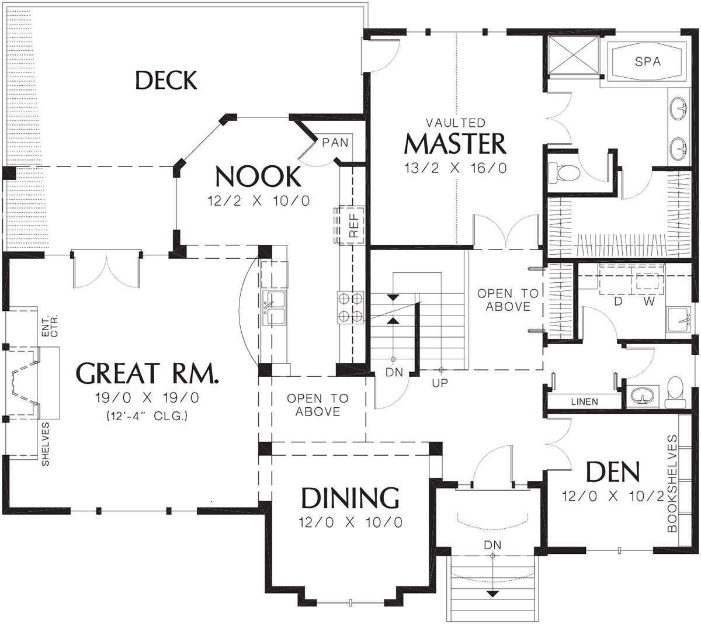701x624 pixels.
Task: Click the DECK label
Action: [166, 80]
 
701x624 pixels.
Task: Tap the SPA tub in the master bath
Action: [647, 61]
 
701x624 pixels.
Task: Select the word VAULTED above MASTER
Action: [456, 123]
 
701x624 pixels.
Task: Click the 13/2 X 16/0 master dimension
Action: [456, 168]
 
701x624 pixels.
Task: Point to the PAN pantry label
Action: [335, 142]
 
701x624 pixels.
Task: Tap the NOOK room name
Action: [258, 176]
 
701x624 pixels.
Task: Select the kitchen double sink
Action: [275, 308]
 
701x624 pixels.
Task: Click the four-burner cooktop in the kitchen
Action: [350, 307]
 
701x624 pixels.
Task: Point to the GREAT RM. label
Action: [147, 373]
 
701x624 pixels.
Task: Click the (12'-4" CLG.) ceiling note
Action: [147, 415]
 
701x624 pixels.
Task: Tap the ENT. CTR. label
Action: [50, 326]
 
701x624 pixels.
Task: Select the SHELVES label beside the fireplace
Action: [46, 443]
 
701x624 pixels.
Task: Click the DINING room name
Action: [350, 498]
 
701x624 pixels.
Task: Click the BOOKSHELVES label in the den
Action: [672, 484]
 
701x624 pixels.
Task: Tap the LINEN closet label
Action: [584, 401]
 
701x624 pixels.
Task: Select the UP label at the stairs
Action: [440, 383]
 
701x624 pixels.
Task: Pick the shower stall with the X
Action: [573, 55]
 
